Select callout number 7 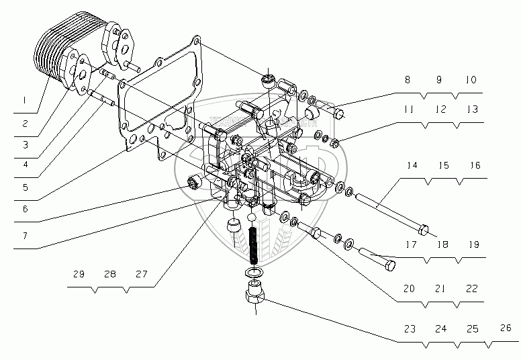[x=24, y=236]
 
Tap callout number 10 [x=471, y=79]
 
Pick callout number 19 [x=474, y=245]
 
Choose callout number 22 [x=472, y=288]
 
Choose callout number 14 [x=411, y=165]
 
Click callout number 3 [x=24, y=144]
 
